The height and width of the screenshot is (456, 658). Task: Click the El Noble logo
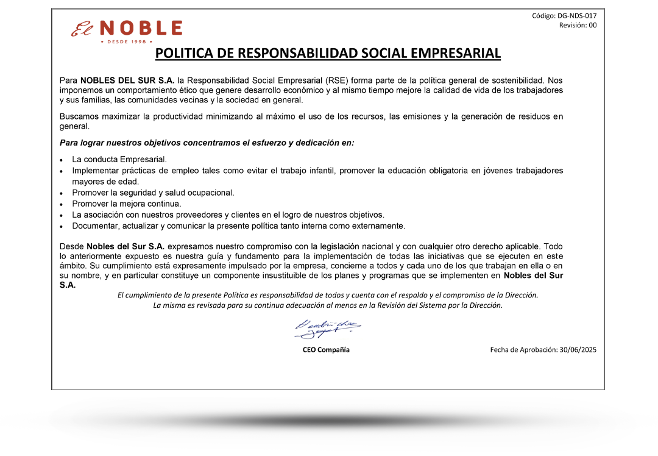(x=127, y=29)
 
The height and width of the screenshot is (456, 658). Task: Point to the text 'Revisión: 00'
(x=578, y=26)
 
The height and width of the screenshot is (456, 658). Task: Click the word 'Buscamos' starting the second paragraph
(x=77, y=116)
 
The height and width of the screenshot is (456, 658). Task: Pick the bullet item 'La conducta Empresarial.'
(x=119, y=159)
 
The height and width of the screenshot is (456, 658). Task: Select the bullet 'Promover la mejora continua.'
(x=127, y=204)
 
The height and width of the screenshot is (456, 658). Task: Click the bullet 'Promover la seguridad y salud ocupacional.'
(x=153, y=193)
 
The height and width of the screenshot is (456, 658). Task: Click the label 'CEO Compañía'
(x=327, y=350)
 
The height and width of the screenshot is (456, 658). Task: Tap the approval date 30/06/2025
(x=578, y=350)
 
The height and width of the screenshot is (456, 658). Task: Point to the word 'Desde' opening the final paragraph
(x=72, y=246)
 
